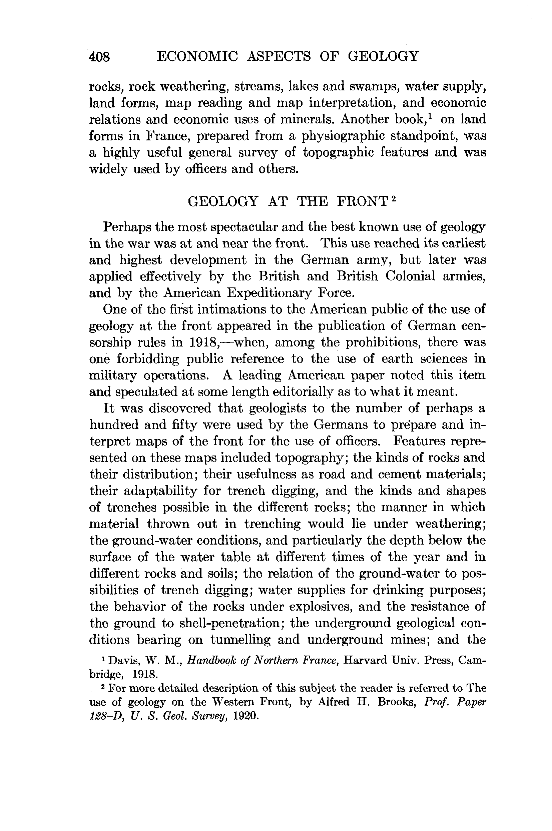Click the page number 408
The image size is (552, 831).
pyautogui.click(x=100, y=57)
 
